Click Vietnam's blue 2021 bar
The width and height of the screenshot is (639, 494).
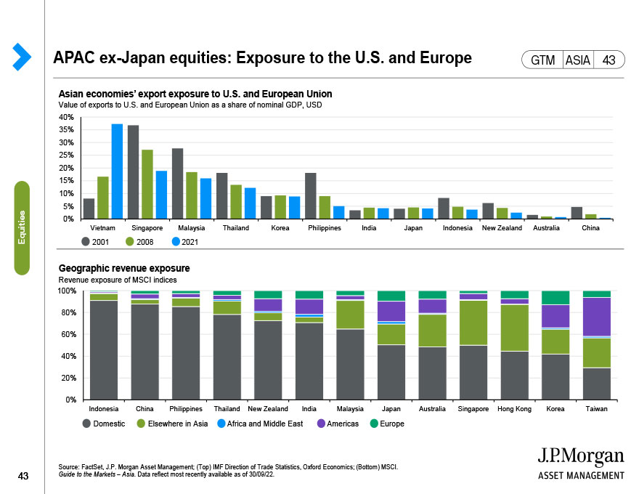tap(117, 171)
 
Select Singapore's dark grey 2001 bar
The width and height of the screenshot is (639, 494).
tap(133, 172)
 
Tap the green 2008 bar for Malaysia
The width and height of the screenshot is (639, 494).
tap(192, 195)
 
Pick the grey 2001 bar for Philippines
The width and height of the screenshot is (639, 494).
tap(310, 195)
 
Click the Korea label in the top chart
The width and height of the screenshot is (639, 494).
tap(280, 228)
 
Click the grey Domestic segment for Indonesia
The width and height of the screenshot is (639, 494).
tap(104, 349)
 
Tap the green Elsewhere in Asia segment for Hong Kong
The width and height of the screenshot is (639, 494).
tap(515, 328)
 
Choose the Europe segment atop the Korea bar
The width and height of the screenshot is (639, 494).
tap(556, 297)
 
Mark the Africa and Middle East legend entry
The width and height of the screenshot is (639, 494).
tap(260, 424)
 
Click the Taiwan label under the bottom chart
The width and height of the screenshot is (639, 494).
tap(598, 409)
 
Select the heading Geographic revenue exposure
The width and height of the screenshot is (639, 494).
tap(123, 267)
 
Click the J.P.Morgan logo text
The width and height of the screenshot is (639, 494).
tap(580, 457)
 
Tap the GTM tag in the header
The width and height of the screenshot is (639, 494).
tap(542, 60)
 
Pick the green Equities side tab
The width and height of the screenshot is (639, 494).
tap(23, 228)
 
